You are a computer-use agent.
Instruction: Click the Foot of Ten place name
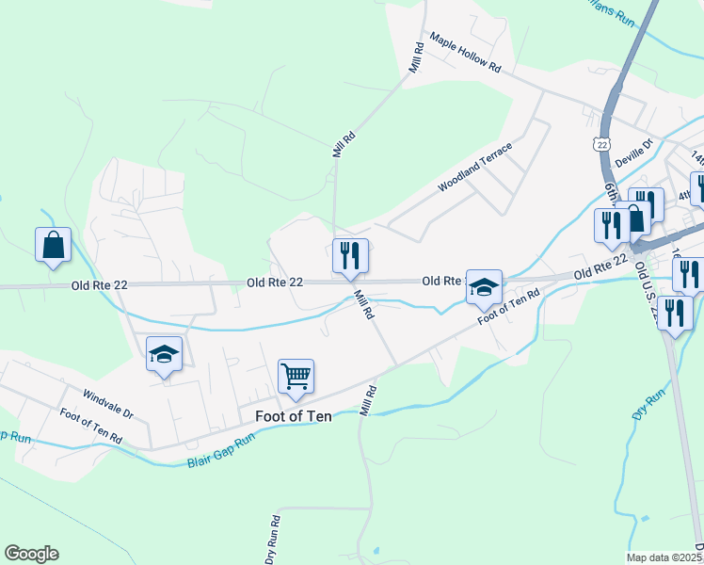294,415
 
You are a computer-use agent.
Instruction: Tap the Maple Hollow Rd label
467,56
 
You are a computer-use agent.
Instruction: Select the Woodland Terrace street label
475,168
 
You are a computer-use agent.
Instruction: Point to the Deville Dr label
633,153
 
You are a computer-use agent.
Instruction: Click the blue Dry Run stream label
648,403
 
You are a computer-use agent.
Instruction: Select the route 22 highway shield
601,143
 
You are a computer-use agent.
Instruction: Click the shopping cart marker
296,377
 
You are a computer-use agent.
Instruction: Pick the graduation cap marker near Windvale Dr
164,354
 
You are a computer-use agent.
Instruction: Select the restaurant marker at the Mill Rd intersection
350,255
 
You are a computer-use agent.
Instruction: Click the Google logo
32,554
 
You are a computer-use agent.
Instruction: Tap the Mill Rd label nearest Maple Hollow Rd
416,58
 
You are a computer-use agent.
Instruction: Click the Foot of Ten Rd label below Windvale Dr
90,427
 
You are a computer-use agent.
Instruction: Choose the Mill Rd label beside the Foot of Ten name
368,399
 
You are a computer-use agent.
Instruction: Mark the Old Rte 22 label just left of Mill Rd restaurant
275,282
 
